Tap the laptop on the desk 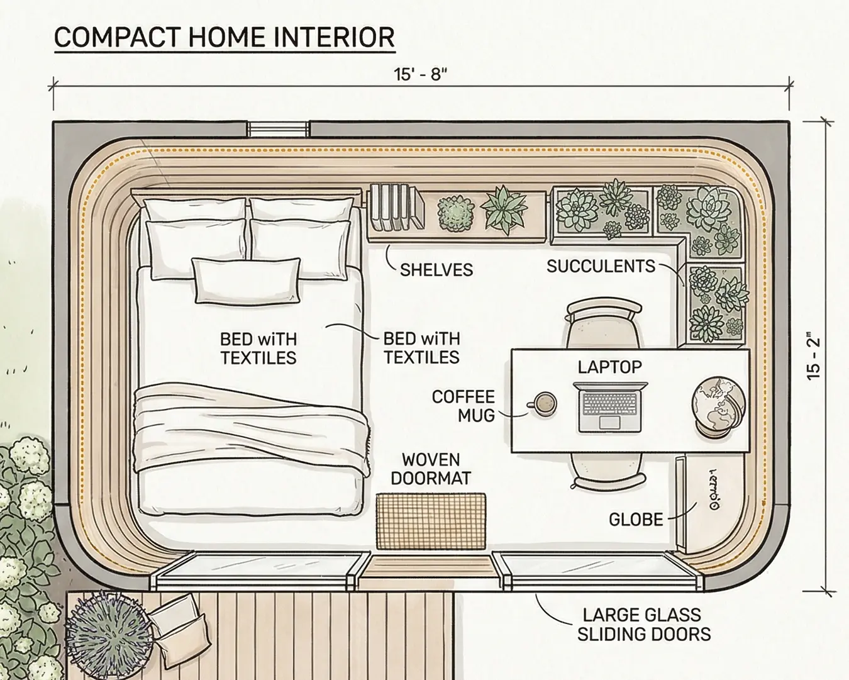click(609, 405)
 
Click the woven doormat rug click(431, 521)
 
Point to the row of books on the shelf click(396, 207)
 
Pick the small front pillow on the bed click(246, 280)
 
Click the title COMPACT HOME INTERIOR click(225, 38)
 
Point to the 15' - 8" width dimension click(420, 75)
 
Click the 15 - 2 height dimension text click(814, 357)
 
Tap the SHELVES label click(436, 270)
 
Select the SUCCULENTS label click(601, 266)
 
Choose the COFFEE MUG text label click(463, 406)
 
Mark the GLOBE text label click(636, 520)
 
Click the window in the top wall click(278, 129)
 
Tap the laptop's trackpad click(608, 421)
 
